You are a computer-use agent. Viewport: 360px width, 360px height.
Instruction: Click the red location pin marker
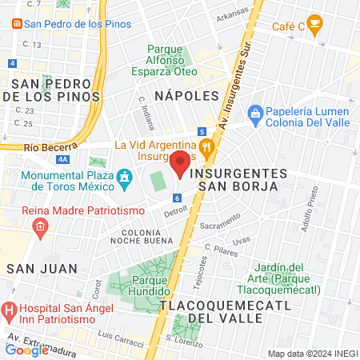(x=180, y=163)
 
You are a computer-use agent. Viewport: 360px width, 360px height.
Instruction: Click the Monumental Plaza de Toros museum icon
(x=124, y=176)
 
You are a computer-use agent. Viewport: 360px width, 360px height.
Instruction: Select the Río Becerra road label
(x=50, y=146)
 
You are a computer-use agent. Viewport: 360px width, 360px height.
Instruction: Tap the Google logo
(x=26, y=350)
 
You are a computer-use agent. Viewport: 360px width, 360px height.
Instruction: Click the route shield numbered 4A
(x=63, y=159)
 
